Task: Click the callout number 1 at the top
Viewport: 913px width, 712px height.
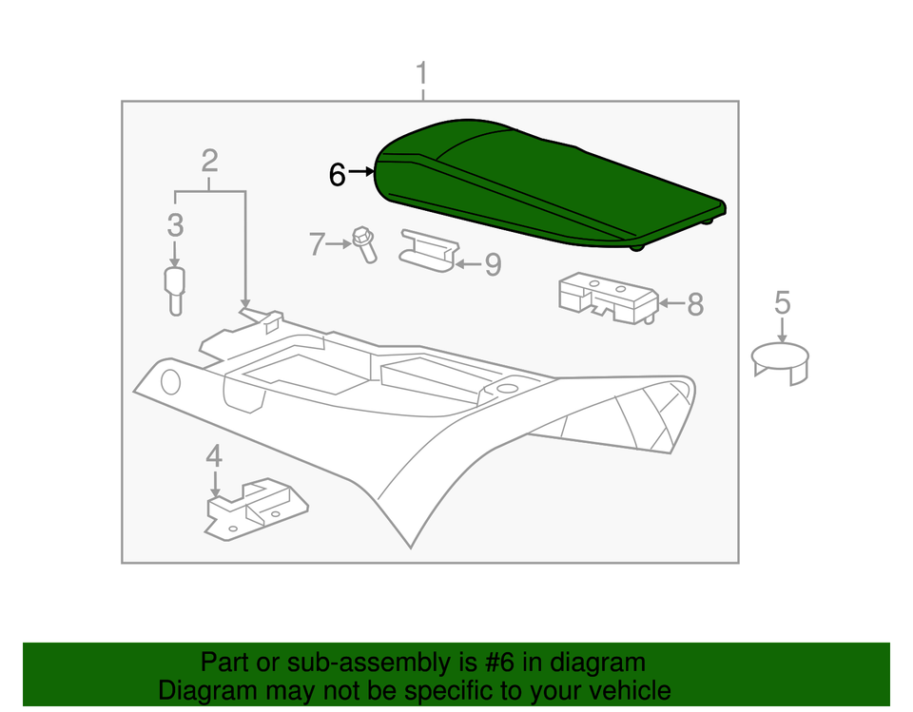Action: tap(421, 74)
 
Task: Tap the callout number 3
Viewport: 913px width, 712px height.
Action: tap(175, 226)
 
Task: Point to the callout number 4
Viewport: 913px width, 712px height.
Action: tap(214, 455)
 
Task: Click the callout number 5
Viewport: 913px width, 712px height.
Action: tap(782, 302)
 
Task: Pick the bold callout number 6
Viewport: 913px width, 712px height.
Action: tap(337, 174)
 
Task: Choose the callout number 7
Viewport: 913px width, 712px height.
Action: tap(316, 244)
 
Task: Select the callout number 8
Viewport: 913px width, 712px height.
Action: tap(695, 304)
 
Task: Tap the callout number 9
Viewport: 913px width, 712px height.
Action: tap(492, 264)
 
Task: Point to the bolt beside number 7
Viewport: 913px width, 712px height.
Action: tap(364, 243)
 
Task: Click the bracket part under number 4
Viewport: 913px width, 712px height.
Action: tap(255, 509)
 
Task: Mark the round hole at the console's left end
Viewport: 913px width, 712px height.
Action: tap(170, 382)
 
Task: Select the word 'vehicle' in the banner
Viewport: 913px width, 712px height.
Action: tap(625, 690)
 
